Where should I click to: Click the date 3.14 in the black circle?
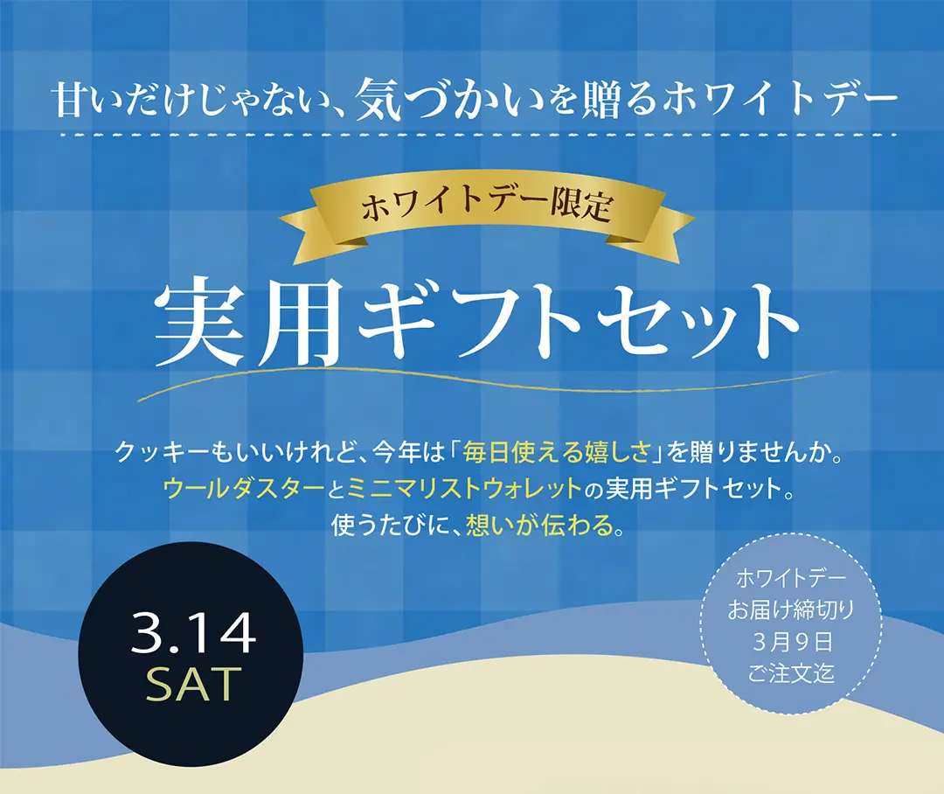tap(193, 634)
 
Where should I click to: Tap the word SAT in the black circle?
tap(193, 685)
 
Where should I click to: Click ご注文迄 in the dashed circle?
tap(791, 674)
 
